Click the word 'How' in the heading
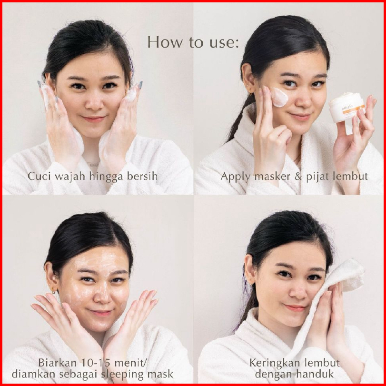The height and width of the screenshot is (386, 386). (x=165, y=42)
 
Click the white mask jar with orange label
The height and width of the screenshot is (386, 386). (x=347, y=108)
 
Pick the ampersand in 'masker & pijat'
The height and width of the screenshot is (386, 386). (x=298, y=177)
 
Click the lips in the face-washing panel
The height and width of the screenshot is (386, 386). (x=94, y=119)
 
